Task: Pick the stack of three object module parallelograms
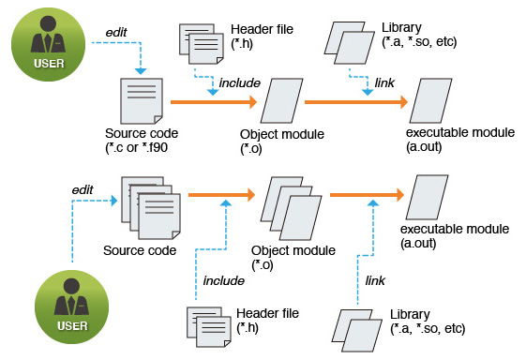click(x=285, y=205)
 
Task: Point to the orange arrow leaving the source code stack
click(x=221, y=195)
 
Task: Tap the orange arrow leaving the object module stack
click(x=366, y=195)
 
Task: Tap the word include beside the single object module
click(x=239, y=82)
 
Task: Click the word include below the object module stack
click(x=223, y=279)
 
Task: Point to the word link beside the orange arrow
click(x=384, y=82)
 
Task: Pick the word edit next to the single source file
click(x=117, y=31)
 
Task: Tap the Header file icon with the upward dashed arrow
click(x=208, y=326)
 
